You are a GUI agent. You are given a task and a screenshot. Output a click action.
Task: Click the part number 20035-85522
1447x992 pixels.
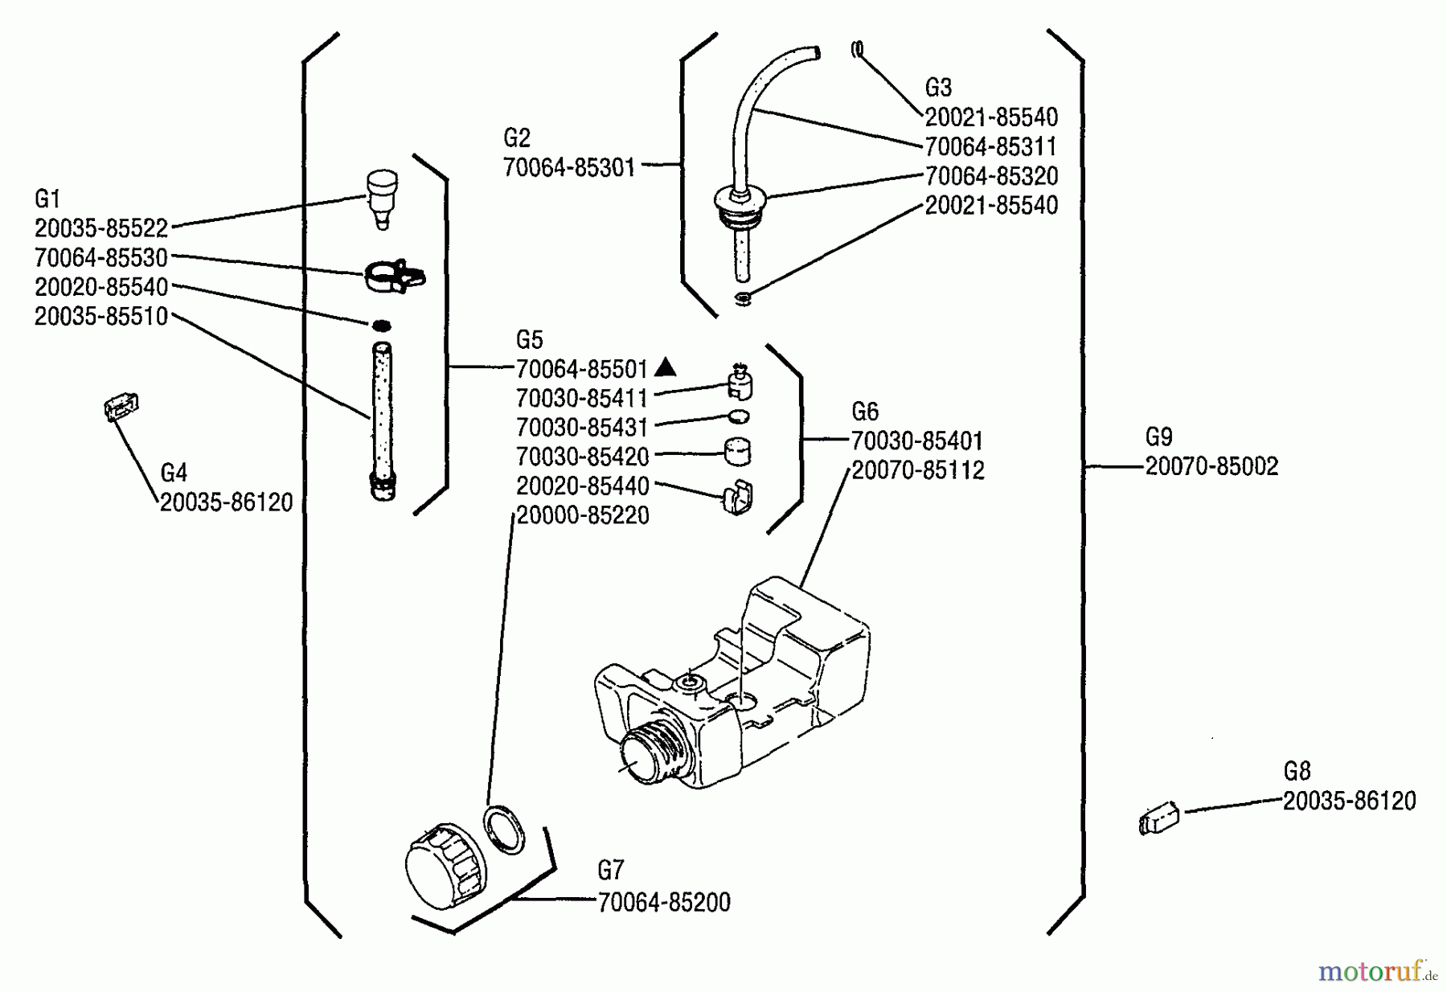coord(101,228)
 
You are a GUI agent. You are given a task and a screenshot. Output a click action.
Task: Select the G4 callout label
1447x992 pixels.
coord(174,473)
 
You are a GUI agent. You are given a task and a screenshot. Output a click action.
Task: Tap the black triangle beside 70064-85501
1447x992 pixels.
coord(665,368)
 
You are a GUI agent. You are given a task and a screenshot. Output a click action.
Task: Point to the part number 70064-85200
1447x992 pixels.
coord(664,902)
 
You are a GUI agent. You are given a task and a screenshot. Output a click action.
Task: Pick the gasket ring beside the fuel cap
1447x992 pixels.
coord(504,828)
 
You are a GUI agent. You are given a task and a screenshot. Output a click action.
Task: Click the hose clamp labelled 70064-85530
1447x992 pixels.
coord(393,276)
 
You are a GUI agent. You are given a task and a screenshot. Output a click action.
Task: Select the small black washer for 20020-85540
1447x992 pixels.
coord(381,325)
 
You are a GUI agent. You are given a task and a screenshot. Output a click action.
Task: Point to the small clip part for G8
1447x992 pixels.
coord(1158,820)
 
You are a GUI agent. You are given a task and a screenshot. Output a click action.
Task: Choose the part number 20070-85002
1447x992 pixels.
coord(1211,466)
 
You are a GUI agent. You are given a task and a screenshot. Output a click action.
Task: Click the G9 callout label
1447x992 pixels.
coord(1158,437)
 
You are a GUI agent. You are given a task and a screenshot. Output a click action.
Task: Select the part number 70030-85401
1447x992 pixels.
coord(917,441)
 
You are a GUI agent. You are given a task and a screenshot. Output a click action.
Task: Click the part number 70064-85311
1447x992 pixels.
coord(991,147)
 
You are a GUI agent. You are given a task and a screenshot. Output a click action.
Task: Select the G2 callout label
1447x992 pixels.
coord(517,138)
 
